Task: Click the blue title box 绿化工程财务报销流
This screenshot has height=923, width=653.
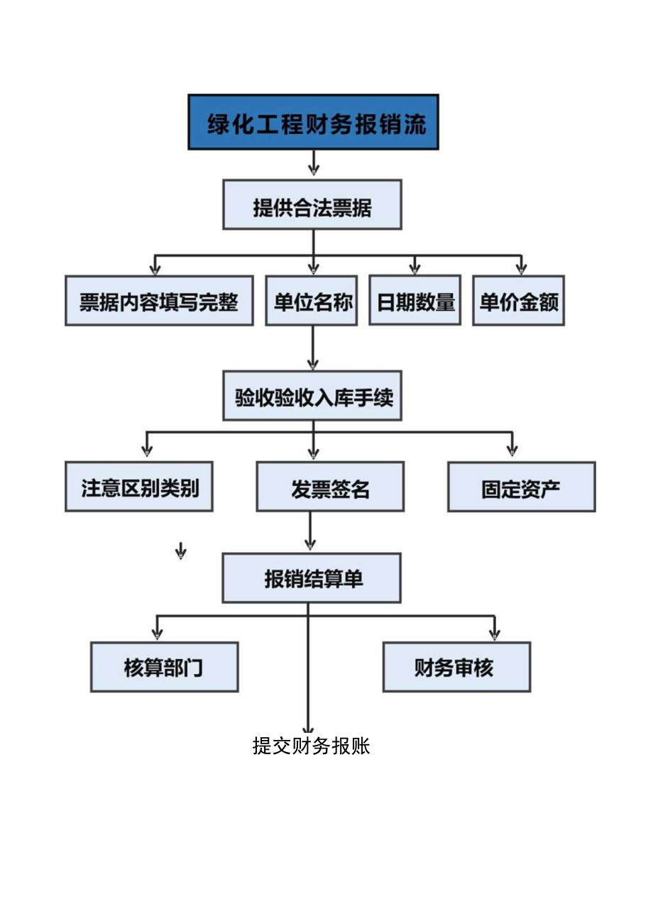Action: pos(313,122)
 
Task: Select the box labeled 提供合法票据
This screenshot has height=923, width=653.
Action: pos(312,204)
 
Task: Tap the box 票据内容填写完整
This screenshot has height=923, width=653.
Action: pos(159,301)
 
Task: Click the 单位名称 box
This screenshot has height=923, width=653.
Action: pos(312,301)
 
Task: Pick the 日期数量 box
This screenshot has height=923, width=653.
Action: pos(415,301)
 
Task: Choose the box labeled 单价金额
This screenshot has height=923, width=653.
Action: pos(519,301)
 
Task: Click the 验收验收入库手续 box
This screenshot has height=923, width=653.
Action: pos(312,395)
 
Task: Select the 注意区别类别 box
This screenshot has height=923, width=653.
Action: pos(139,487)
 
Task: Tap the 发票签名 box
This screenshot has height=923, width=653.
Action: pos(330,487)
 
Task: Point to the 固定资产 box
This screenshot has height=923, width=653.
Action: pos(522,487)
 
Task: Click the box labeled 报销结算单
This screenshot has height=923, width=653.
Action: pos(312,578)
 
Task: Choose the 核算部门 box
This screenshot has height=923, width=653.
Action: pos(165,667)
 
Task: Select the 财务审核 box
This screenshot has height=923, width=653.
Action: pos(456,667)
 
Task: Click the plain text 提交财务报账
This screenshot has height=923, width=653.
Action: pos(312,746)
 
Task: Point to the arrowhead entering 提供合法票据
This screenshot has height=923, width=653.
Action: pos(314,170)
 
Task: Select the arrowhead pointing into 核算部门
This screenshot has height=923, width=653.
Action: pos(158,631)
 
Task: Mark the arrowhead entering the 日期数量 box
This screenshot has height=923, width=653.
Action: pos(415,267)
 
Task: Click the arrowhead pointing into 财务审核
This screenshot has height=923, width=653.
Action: pos(495,631)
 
